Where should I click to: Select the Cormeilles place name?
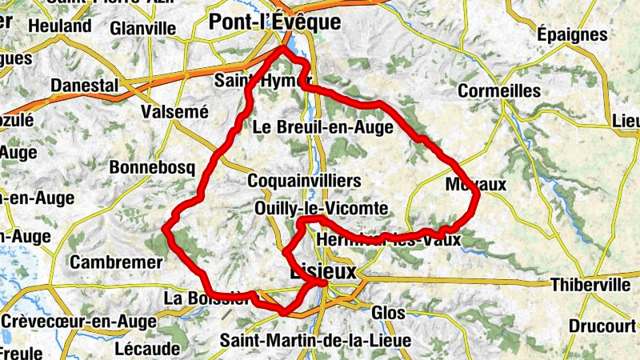point(499,91)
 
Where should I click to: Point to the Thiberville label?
point(590,285)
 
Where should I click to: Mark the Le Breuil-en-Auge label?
point(322,127)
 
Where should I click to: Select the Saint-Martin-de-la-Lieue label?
point(316,341)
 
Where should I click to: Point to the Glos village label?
point(389,313)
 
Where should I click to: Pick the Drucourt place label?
point(602,326)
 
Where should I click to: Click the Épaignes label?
point(572,34)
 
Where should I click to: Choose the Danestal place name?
point(84,85)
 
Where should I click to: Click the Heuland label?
point(59,26)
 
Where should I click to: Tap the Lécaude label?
point(146,349)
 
